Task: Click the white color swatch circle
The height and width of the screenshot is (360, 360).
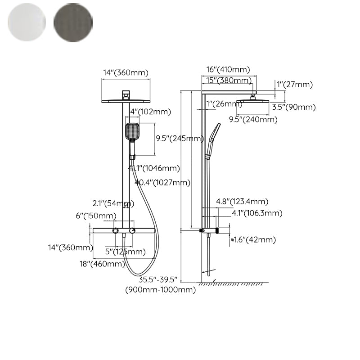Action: tap(27, 22)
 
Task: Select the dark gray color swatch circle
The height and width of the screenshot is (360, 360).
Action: tap(73, 22)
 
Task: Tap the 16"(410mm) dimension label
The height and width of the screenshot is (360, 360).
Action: tap(228, 69)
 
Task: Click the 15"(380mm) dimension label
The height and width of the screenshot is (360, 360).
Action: tap(229, 81)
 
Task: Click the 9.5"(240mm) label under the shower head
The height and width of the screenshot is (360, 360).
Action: tap(253, 119)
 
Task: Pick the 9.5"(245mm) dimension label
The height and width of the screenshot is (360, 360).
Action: tap(180, 139)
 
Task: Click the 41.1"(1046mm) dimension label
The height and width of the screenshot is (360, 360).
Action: tap(154, 168)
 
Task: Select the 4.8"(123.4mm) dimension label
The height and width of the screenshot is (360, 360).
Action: tap(242, 201)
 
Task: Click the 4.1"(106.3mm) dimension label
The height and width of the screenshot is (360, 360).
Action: tap(251, 213)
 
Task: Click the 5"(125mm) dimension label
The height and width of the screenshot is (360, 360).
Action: tap(126, 251)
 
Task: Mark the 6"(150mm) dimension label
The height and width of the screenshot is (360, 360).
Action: tap(95, 216)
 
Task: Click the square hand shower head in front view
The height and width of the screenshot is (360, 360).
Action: tap(132, 131)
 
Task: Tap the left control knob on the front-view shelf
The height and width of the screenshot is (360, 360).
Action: tap(117, 231)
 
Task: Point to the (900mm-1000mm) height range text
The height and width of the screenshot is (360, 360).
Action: tap(160, 290)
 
